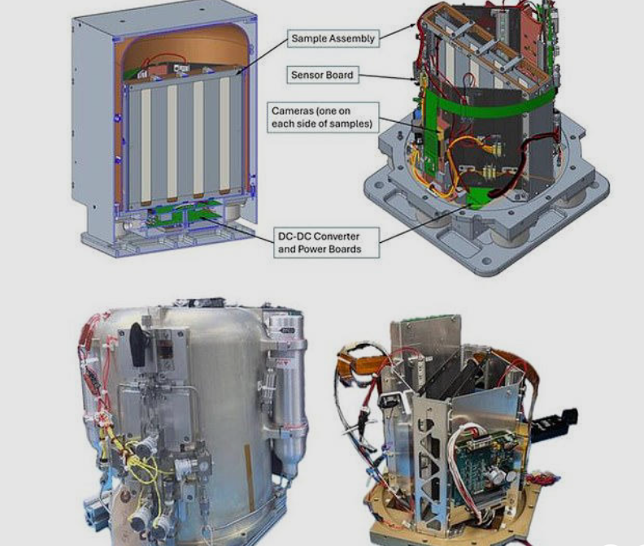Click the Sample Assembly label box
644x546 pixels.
pos(333,38)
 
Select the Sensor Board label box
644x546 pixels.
pos(323,75)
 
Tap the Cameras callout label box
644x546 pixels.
pos(323,117)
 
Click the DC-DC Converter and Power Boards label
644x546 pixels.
pos(327,243)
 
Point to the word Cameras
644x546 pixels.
pos(290,110)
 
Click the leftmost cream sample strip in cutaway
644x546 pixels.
pos(146,147)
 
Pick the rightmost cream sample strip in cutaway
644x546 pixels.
pos(224,136)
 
